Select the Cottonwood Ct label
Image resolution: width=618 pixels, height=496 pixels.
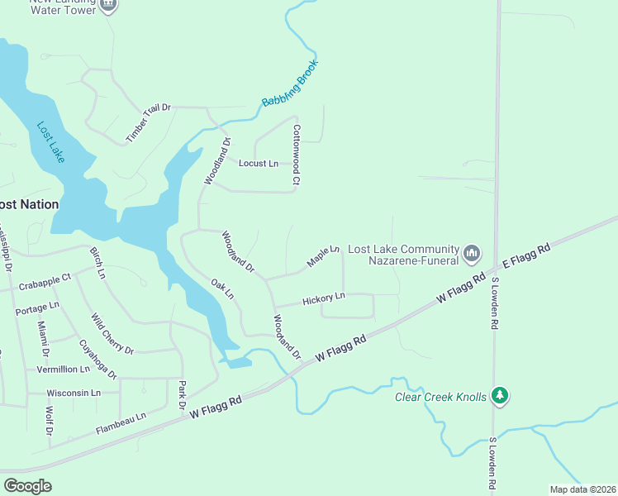[x=296, y=155]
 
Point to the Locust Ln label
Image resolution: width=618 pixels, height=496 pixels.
[x=259, y=164]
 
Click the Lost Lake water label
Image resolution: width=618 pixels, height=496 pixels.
[x=50, y=143]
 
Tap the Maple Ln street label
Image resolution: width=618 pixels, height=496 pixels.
[x=323, y=256]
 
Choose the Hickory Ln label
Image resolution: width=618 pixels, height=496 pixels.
[x=323, y=298]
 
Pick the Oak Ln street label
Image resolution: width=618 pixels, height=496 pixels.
[x=223, y=289]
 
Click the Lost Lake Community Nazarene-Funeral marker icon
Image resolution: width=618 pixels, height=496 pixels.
[x=472, y=253]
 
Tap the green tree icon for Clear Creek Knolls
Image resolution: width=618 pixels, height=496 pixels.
[x=499, y=396]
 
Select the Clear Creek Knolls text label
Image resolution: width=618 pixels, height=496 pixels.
[x=440, y=396]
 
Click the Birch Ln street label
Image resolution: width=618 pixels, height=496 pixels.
[x=97, y=262]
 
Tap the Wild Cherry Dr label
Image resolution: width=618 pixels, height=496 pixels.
[x=112, y=333]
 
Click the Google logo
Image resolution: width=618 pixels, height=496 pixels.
[x=27, y=485]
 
